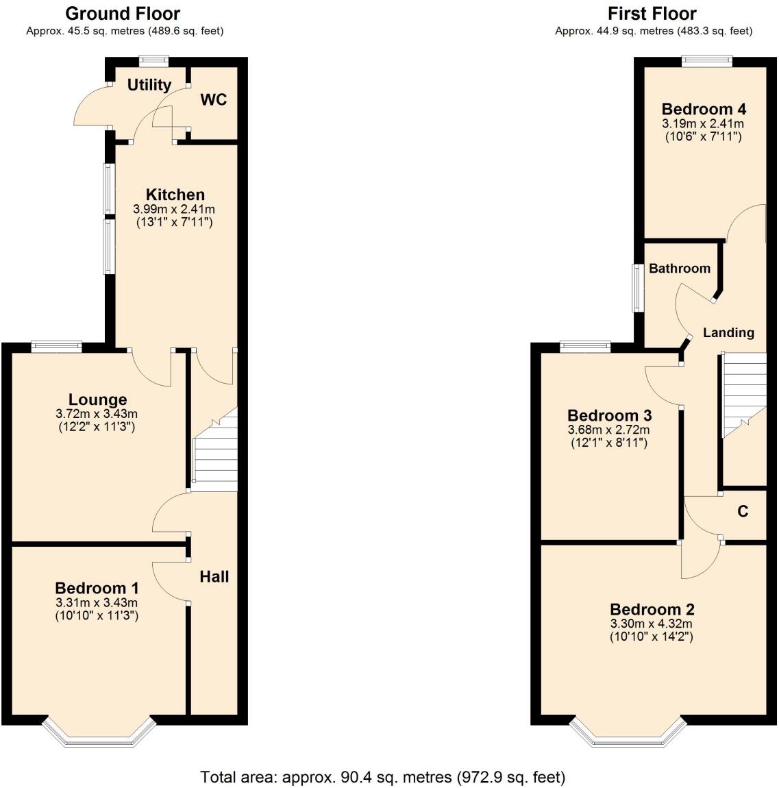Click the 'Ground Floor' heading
point(123,14)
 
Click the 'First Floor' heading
point(652,14)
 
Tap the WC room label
point(213,100)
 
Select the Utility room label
point(149,85)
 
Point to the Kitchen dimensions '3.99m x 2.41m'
point(175,210)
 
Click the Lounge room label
point(97,399)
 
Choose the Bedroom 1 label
point(97,588)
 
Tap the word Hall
point(214,577)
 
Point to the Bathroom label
point(679,269)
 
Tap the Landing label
point(728,333)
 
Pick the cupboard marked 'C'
point(742,511)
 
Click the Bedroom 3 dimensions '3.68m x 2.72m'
point(608,430)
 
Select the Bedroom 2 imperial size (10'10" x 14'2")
point(651,637)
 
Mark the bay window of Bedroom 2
point(626,733)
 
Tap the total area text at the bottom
point(382,777)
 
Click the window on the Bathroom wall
point(637,288)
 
